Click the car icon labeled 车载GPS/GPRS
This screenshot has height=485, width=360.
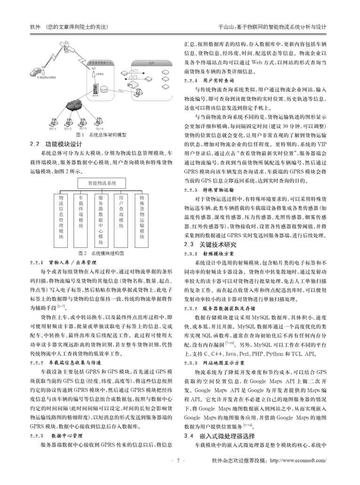pyautogui.click(x=36, y=72)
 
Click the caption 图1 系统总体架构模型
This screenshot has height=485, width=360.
pyautogui.click(x=101, y=135)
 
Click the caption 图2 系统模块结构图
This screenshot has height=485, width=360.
pyautogui.click(x=102, y=253)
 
